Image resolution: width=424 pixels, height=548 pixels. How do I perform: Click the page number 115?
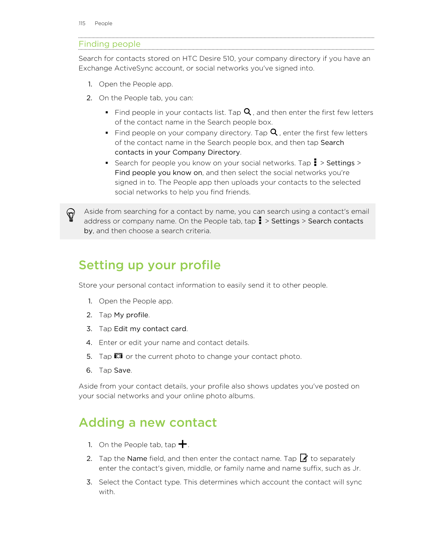click(82, 23)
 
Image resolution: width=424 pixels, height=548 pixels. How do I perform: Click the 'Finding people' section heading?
click(109, 44)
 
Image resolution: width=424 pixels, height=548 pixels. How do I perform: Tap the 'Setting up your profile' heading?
click(149, 265)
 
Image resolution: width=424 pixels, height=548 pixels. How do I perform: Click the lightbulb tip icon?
click(71, 215)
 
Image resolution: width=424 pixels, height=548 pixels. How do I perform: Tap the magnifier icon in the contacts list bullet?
click(247, 112)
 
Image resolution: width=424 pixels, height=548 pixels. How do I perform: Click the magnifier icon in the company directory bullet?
click(274, 132)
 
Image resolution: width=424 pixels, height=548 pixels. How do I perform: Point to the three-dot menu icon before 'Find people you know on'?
click(315, 162)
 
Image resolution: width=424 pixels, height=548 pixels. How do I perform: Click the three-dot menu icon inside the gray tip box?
click(260, 220)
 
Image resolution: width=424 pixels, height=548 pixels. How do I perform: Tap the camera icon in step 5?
click(118, 356)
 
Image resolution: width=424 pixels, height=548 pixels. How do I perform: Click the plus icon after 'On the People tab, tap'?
click(183, 444)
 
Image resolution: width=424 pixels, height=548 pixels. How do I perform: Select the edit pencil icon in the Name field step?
click(304, 458)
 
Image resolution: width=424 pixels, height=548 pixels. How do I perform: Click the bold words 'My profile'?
click(131, 315)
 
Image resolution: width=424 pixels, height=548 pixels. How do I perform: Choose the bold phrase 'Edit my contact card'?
click(150, 329)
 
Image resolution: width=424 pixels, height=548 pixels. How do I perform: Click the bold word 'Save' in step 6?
click(122, 370)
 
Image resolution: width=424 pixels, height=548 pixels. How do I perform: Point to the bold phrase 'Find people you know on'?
click(158, 173)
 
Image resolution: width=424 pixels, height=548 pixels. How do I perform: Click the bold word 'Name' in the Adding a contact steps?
click(137, 459)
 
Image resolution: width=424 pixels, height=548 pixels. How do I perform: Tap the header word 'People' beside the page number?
click(103, 23)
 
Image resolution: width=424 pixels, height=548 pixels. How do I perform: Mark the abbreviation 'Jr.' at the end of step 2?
click(356, 468)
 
